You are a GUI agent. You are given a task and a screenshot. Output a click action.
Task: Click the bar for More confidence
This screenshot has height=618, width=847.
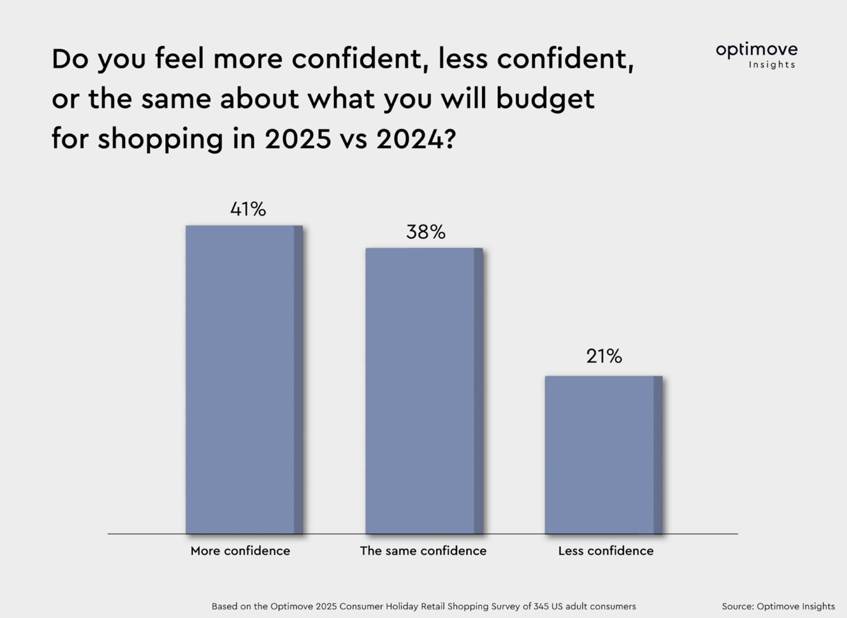click(244, 379)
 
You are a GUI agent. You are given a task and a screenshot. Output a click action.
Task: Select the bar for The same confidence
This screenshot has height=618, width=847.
click(424, 390)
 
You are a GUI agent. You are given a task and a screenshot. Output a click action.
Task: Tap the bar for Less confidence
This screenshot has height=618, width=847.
click(603, 454)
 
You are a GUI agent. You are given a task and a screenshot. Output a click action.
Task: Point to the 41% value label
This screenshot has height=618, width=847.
click(248, 209)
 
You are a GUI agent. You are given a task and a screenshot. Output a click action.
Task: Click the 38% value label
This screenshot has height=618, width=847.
click(426, 232)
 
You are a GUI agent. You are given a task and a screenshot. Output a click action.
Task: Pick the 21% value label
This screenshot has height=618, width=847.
click(604, 356)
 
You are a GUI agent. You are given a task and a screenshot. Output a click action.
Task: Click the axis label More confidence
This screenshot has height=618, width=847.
click(240, 551)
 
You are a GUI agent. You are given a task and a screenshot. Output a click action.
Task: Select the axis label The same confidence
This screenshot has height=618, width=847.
click(423, 551)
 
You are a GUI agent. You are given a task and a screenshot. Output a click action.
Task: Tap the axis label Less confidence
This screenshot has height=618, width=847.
click(605, 551)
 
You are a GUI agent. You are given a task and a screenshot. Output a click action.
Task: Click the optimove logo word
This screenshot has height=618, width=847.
click(756, 50)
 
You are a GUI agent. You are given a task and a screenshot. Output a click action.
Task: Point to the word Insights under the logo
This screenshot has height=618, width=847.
click(772, 65)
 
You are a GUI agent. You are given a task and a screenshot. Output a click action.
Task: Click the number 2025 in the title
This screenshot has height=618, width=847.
click(298, 139)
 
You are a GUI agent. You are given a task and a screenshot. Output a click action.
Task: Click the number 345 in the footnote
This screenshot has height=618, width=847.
click(540, 606)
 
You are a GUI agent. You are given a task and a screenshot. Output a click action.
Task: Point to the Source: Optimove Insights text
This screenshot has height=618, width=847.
click(778, 606)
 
